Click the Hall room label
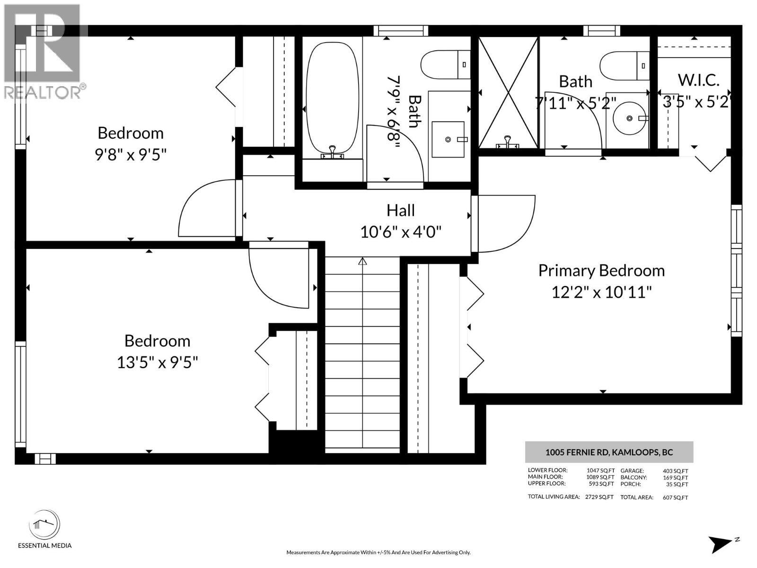click(x=400, y=210)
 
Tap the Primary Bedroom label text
click(x=601, y=271)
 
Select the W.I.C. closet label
click(x=698, y=80)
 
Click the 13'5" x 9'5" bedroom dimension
click(x=157, y=363)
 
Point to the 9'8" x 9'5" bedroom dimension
click(x=131, y=154)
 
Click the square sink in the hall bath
click(x=448, y=139)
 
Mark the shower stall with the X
click(x=508, y=93)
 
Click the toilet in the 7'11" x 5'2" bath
click(x=624, y=65)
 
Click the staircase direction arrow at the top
click(x=362, y=261)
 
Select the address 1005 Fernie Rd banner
click(x=609, y=452)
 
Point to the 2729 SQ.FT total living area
click(x=599, y=497)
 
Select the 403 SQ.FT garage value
click(x=675, y=471)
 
